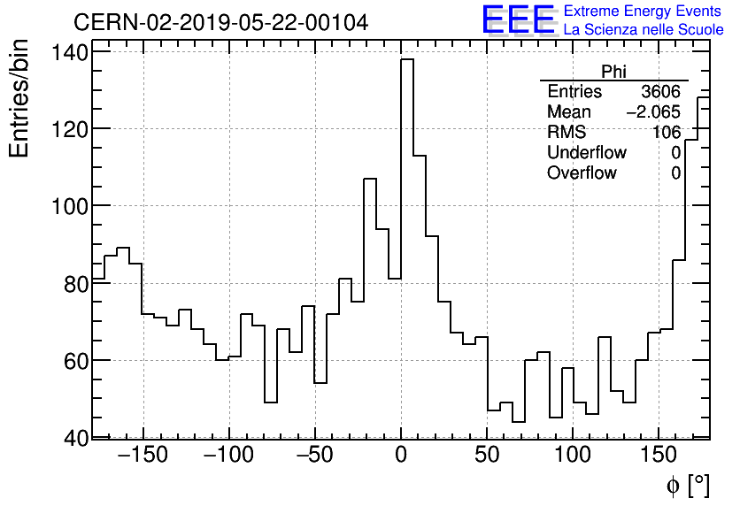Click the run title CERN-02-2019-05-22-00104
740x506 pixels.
point(220,22)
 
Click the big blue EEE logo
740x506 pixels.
point(518,20)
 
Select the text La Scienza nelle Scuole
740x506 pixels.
point(644,30)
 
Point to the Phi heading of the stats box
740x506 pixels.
point(613,73)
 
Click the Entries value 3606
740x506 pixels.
point(661,92)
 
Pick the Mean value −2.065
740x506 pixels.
point(653,112)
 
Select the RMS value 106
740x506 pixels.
point(667,133)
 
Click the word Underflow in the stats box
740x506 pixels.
point(587,153)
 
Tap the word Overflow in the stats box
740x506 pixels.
point(582,173)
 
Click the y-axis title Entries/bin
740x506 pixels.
point(19,100)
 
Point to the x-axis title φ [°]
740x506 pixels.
point(687,486)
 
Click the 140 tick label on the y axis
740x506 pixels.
point(69,52)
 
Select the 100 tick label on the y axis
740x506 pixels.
point(69,206)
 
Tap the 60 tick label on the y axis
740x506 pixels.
point(74,361)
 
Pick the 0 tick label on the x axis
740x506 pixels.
point(401,456)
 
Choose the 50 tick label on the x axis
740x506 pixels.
point(488,456)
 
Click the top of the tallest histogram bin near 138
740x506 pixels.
point(407,60)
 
